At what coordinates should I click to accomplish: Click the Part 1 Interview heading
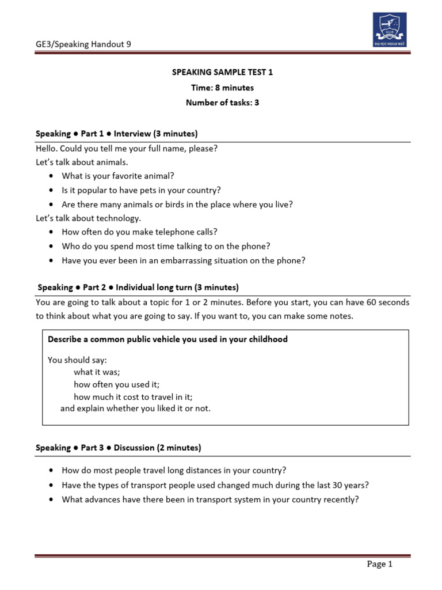click(x=117, y=134)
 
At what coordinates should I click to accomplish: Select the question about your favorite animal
click(x=118, y=176)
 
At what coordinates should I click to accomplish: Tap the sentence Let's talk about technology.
click(x=88, y=218)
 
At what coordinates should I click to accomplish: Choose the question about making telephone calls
click(x=139, y=232)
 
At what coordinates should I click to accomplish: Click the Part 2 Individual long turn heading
click(x=138, y=287)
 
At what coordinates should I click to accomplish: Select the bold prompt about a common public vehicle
click(x=167, y=339)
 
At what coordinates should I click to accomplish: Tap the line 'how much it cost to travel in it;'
click(x=133, y=396)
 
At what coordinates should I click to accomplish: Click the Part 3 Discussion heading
click(x=119, y=447)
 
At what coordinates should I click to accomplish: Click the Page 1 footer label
click(x=379, y=565)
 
